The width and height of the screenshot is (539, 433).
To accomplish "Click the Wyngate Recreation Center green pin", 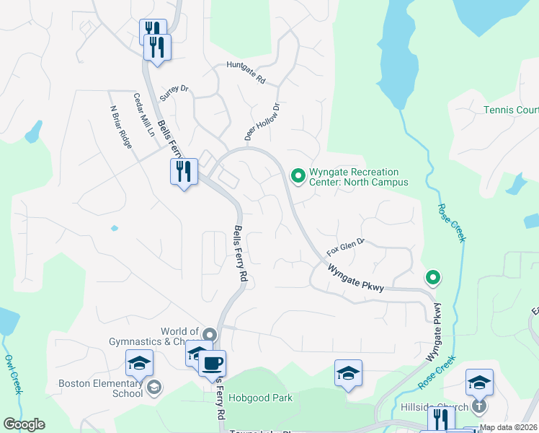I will (297, 175).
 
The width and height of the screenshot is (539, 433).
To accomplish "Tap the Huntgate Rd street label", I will (246, 73).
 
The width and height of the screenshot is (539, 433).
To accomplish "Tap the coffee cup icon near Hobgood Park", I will (212, 363).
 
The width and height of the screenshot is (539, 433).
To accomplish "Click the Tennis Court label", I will (511, 110).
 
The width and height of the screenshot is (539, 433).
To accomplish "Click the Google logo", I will (24, 424).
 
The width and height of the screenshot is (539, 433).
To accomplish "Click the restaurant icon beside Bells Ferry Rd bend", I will (183, 171).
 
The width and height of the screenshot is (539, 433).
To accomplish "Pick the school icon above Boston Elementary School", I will (139, 363).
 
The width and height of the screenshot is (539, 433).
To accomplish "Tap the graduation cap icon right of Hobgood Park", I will (348, 373).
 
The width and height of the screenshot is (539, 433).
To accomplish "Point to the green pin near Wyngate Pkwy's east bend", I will (432, 276).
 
